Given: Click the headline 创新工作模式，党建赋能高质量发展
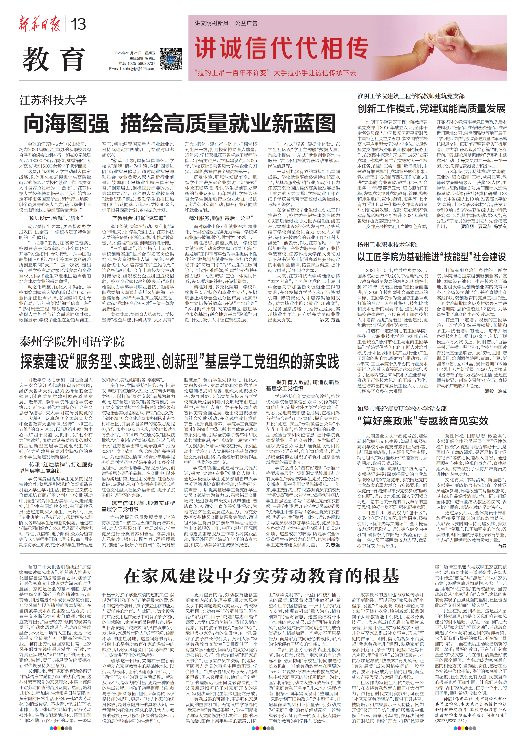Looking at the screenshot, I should [431, 109].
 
